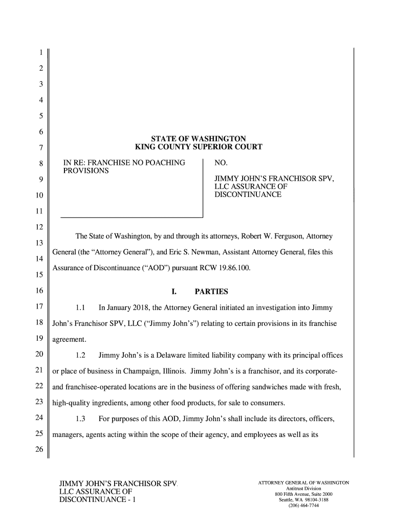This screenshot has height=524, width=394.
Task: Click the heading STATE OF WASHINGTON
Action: tap(199, 139)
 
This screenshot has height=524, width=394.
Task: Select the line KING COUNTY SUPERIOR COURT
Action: tap(199, 147)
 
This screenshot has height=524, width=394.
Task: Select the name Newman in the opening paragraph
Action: tap(205, 252)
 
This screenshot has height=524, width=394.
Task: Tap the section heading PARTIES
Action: tap(211, 292)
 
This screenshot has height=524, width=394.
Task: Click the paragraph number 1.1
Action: tap(80, 308)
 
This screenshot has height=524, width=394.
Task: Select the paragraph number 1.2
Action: tap(80, 355)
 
